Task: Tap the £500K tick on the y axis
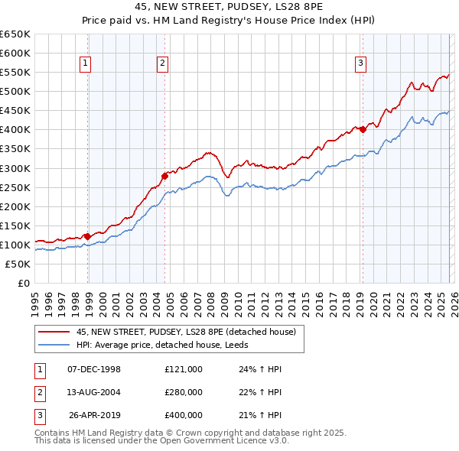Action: point(16,92)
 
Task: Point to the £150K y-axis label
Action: point(16,226)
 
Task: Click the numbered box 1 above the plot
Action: point(85,64)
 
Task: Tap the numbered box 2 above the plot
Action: point(163,64)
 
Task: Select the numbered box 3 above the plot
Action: point(360,64)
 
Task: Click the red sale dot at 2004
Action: point(164,175)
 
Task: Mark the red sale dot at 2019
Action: point(363,129)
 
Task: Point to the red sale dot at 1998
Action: point(88,236)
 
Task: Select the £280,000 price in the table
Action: point(184,392)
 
